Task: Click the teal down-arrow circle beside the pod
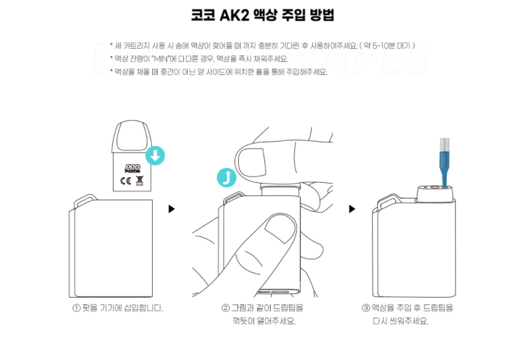pyautogui.click(x=155, y=155)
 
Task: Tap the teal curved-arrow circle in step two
pyautogui.click(x=227, y=178)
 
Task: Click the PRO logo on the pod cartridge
pyautogui.click(x=133, y=168)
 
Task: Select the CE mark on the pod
pyautogui.click(x=125, y=181)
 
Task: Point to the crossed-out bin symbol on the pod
pyautogui.click(x=140, y=180)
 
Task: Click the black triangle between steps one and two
pyautogui.click(x=171, y=209)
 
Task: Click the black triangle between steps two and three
pyautogui.click(x=352, y=209)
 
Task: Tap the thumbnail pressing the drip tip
pyautogui.click(x=252, y=162)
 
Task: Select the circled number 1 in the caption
pyautogui.click(x=76, y=308)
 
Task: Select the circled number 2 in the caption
pyautogui.click(x=225, y=308)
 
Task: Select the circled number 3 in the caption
pyautogui.click(x=366, y=308)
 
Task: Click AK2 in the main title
pyautogui.click(x=234, y=15)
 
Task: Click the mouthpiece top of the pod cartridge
pyautogui.click(x=132, y=135)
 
